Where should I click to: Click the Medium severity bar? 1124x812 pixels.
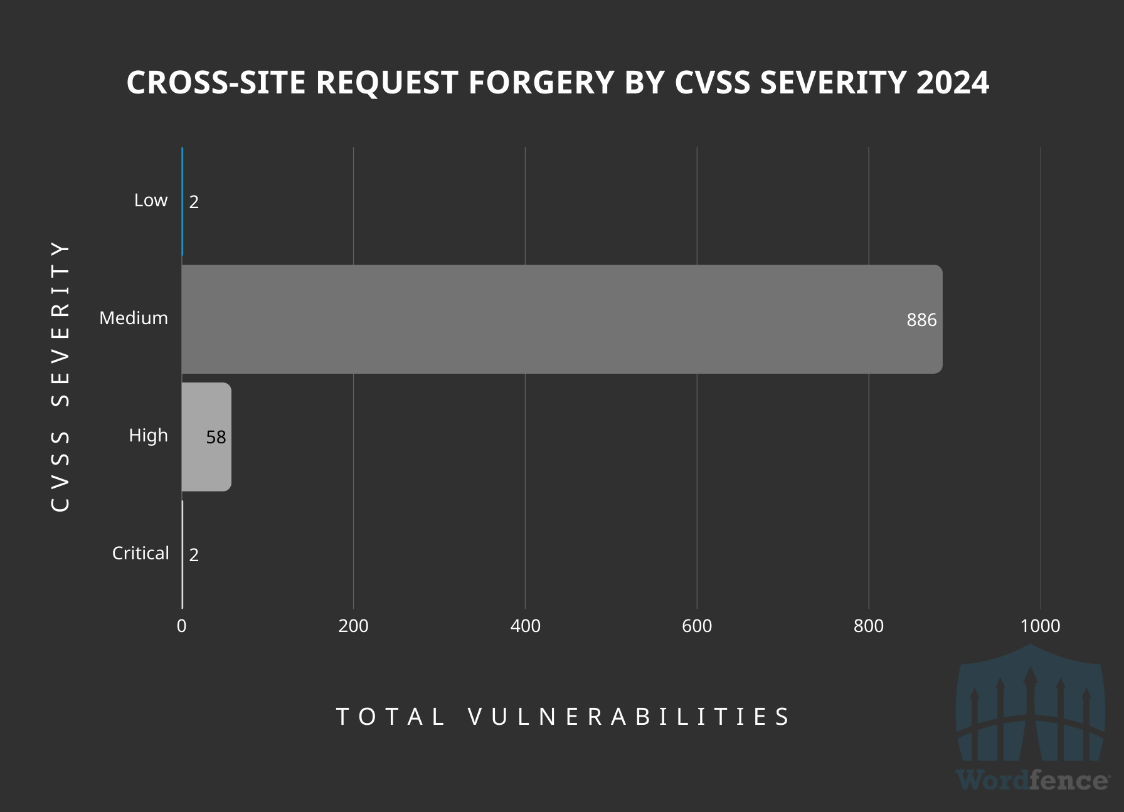click(x=561, y=319)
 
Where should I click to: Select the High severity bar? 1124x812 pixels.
click(x=206, y=437)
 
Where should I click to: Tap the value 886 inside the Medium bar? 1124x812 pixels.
click(x=921, y=320)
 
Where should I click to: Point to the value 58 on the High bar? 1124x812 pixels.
click(x=216, y=437)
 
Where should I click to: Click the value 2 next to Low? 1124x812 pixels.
click(x=194, y=202)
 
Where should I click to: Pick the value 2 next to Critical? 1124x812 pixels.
click(x=194, y=555)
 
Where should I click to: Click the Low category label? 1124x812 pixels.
click(x=151, y=200)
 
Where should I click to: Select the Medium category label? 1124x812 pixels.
click(x=134, y=318)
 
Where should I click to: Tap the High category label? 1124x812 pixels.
click(x=148, y=435)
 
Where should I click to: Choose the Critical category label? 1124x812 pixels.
click(x=140, y=553)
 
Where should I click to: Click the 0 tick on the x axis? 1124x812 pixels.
click(x=181, y=626)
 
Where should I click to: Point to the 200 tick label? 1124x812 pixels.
click(x=353, y=626)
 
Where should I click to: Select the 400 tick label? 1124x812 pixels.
click(x=525, y=626)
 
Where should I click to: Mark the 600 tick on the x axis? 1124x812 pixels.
click(x=697, y=626)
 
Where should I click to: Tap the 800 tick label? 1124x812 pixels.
click(x=869, y=626)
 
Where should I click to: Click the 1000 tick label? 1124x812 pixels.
click(x=1040, y=626)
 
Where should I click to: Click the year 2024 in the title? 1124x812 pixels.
click(x=952, y=83)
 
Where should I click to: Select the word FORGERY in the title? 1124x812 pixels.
click(x=542, y=83)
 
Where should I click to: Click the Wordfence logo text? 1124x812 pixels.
click(x=1032, y=780)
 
